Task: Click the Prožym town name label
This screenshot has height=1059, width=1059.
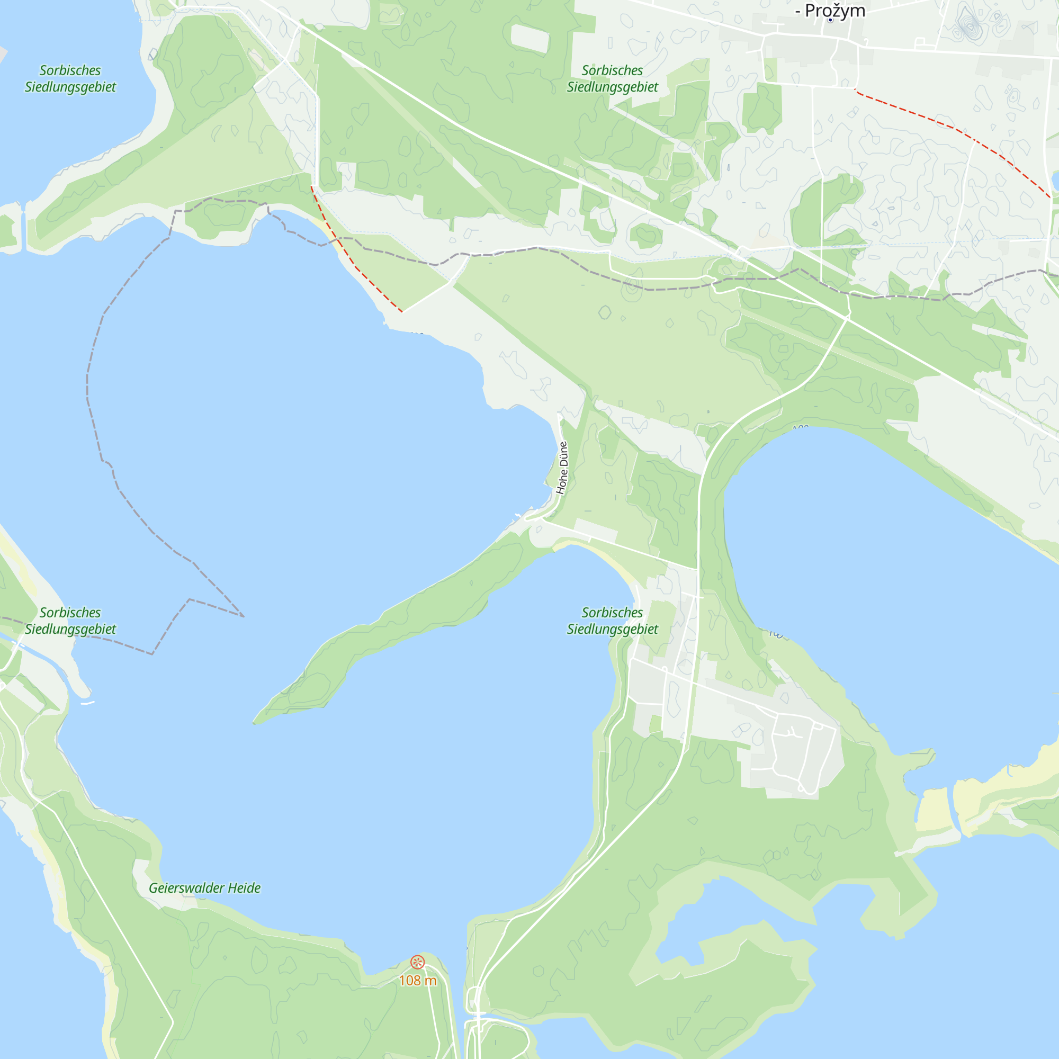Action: tap(834, 11)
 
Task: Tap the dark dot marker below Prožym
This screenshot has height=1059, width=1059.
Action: tap(830, 20)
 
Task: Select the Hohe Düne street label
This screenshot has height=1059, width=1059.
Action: tap(562, 468)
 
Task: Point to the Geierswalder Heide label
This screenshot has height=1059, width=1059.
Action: tap(204, 888)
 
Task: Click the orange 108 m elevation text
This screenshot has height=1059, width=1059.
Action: tap(418, 981)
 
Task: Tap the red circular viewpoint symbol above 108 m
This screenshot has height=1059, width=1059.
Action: tap(417, 962)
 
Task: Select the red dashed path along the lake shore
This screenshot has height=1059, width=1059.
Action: tap(356, 267)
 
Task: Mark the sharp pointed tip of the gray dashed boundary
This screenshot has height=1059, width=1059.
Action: tap(244, 616)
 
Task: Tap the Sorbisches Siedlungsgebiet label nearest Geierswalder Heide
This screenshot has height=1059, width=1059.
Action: tap(70, 621)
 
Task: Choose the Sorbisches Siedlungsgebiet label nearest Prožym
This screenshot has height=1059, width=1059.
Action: tap(612, 78)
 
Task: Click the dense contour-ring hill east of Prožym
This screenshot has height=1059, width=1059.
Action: tap(969, 25)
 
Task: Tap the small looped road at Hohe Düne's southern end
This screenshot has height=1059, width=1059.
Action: tap(534, 515)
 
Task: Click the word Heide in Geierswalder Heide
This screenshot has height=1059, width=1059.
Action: tap(244, 888)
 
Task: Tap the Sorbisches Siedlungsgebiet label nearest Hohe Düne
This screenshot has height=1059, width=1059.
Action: tap(612, 621)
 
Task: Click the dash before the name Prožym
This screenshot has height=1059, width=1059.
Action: tap(798, 11)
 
